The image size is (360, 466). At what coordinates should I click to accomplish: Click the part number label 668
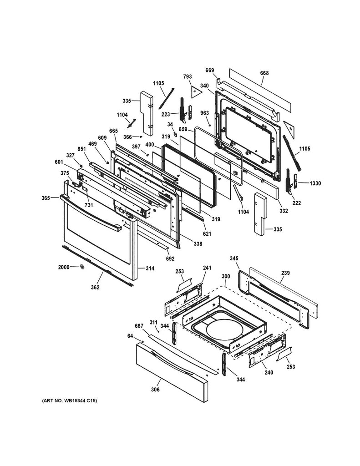click(x=264, y=73)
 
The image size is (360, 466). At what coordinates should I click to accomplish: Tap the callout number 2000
click(x=64, y=267)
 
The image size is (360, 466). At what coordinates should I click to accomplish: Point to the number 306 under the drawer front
click(x=155, y=390)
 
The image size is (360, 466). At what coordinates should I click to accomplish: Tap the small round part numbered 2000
click(x=82, y=266)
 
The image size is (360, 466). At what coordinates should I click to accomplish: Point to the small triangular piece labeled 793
click(x=196, y=90)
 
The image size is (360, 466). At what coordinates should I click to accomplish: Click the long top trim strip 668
click(x=260, y=91)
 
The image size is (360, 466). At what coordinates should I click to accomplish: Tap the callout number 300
click(x=225, y=276)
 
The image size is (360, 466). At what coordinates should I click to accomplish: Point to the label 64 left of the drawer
click(x=130, y=336)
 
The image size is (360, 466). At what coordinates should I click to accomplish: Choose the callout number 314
click(x=150, y=268)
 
